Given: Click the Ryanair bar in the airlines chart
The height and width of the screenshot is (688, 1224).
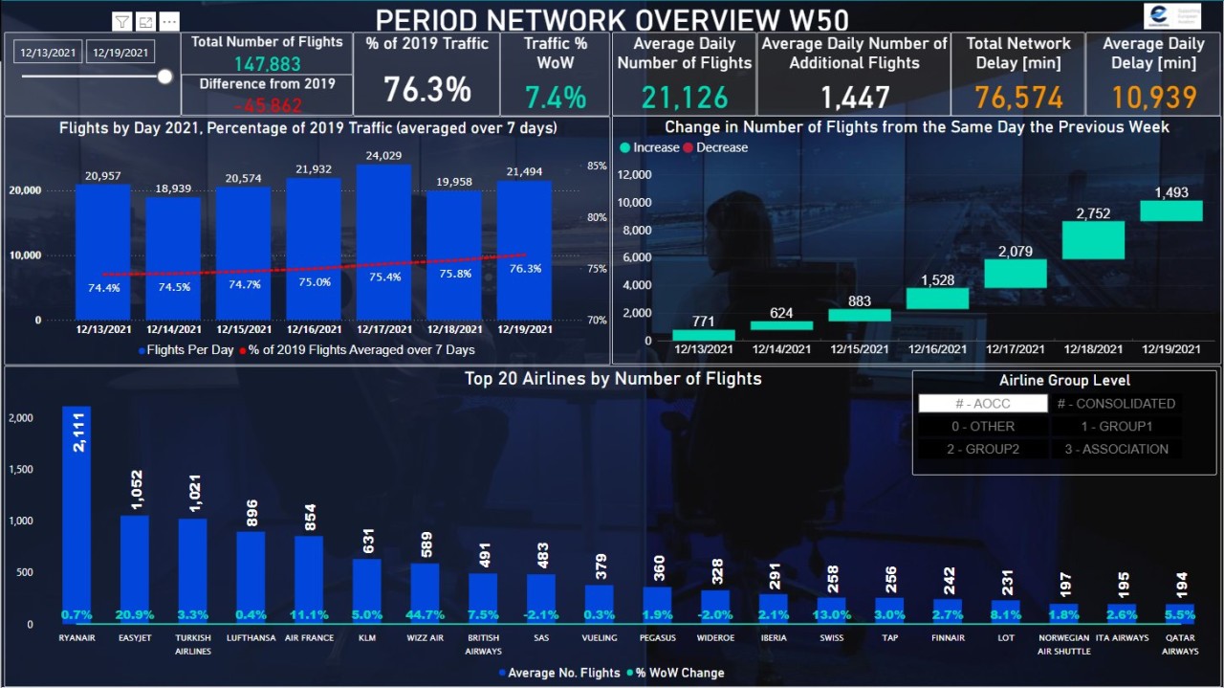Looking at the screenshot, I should (76, 517).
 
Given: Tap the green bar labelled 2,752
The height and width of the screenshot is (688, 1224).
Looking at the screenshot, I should (1093, 240).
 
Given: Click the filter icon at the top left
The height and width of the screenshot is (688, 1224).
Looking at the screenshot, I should (122, 22).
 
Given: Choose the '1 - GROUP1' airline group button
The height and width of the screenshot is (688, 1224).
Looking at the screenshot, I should (1116, 427).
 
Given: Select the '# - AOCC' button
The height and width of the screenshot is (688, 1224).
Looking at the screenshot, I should (981, 404).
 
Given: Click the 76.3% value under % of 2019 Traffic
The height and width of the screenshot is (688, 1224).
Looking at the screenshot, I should (427, 90).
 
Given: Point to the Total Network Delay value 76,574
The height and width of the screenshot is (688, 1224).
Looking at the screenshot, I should (1018, 97).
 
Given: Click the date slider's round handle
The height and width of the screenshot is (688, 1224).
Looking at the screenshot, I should (164, 77).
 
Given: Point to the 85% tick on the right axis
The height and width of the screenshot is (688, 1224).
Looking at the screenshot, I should (597, 166).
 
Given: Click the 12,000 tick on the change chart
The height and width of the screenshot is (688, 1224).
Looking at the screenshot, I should (635, 175).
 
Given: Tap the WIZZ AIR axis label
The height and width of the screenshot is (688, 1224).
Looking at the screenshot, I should (425, 638).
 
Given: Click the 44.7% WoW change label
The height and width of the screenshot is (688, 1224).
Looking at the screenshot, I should (425, 615).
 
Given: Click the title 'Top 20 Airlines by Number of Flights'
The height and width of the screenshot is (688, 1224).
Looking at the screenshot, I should (613, 379).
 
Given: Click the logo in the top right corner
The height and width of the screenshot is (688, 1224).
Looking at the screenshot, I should (1171, 16).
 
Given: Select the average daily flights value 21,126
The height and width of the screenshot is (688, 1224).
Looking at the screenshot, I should (685, 97).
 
